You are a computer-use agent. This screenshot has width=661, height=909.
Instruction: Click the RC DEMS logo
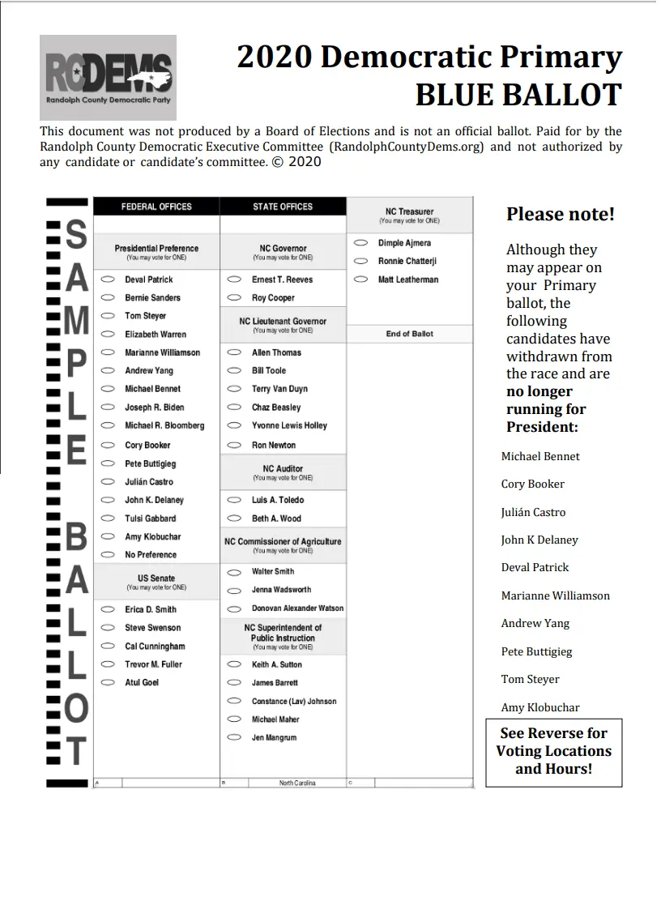pyautogui.click(x=108, y=77)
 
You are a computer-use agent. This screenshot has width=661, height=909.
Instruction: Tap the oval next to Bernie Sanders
pyautogui.click(x=107, y=297)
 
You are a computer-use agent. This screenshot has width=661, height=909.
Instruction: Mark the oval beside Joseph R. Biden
pyautogui.click(x=107, y=408)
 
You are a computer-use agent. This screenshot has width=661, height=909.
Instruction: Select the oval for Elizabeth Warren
pyautogui.click(x=107, y=334)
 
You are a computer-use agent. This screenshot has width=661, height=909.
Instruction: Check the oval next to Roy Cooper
pyautogui.click(x=234, y=297)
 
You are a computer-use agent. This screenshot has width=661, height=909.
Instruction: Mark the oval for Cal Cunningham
pyautogui.click(x=107, y=647)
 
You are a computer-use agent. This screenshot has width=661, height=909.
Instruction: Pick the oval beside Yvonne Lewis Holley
pyautogui.click(x=234, y=426)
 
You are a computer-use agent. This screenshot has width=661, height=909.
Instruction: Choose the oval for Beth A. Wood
pyautogui.click(x=234, y=519)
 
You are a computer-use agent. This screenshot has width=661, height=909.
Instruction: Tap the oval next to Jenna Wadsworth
pyautogui.click(x=234, y=590)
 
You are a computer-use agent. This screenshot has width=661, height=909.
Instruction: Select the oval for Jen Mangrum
pyautogui.click(x=234, y=737)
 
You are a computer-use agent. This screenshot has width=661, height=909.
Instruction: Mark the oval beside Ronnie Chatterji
pyautogui.click(x=361, y=261)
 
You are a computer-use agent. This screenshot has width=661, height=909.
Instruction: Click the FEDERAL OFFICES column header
pyautogui.click(x=156, y=207)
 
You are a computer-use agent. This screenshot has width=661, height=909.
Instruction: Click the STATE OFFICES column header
pyautogui.click(x=283, y=207)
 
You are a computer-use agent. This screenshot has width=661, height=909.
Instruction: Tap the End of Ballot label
pyautogui.click(x=409, y=334)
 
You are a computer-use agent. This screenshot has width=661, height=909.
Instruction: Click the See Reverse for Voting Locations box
pyautogui.click(x=554, y=752)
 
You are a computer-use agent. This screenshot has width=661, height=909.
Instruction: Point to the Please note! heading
pyautogui.click(x=561, y=215)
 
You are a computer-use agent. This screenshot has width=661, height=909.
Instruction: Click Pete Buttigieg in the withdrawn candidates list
pyautogui.click(x=536, y=651)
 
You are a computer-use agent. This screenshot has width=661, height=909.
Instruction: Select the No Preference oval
pyautogui.click(x=107, y=555)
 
